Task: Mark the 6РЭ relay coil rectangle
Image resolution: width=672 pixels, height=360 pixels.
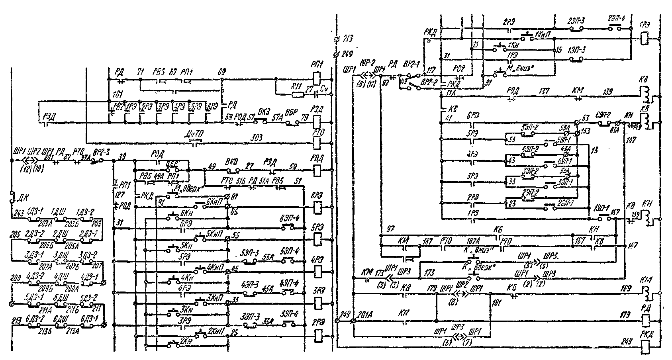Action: tap(318, 207)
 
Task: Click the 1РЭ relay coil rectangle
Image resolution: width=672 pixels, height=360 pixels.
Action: tap(645, 38)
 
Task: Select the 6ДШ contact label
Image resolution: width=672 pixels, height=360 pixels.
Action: tap(59, 320)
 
